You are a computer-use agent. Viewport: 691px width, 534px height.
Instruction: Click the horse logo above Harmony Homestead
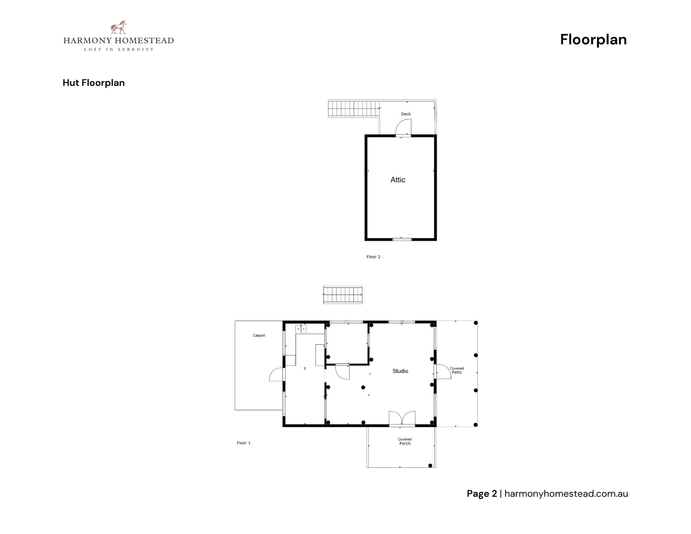pyautogui.click(x=118, y=27)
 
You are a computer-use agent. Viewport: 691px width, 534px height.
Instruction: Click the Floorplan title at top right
pyautogui.click(x=593, y=40)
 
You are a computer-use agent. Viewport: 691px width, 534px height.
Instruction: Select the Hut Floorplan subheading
pyautogui.click(x=94, y=83)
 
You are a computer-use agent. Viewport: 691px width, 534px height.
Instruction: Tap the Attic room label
pyautogui.click(x=398, y=180)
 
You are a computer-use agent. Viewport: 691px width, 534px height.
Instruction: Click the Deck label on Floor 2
pyautogui.click(x=406, y=114)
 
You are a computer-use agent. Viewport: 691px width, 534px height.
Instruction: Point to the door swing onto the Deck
pyautogui.click(x=403, y=127)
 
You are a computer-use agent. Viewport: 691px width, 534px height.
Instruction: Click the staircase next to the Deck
pyautogui.click(x=353, y=108)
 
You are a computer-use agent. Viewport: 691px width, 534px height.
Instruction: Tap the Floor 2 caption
pyautogui.click(x=373, y=257)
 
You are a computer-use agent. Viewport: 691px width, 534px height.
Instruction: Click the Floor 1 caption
pyautogui.click(x=244, y=443)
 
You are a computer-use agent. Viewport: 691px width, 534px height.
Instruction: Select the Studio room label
pyautogui.click(x=400, y=371)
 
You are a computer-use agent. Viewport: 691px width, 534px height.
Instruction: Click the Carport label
pyautogui.click(x=259, y=335)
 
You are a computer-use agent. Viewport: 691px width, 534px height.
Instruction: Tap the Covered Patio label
pyautogui.click(x=457, y=370)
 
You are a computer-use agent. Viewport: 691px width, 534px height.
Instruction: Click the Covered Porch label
pyautogui.click(x=405, y=442)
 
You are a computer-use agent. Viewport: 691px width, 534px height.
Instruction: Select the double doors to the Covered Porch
pyautogui.click(x=402, y=419)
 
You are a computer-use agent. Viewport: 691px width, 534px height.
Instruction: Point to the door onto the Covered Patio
pyautogui.click(x=444, y=371)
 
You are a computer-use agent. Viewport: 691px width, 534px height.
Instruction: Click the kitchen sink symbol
pyautogui.click(x=301, y=329)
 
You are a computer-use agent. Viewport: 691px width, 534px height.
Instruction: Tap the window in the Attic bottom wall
pyautogui.click(x=402, y=239)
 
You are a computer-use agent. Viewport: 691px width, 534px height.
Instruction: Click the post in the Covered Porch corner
pyautogui.click(x=430, y=466)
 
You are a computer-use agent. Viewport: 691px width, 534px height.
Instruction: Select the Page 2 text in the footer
pyautogui.click(x=482, y=494)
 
